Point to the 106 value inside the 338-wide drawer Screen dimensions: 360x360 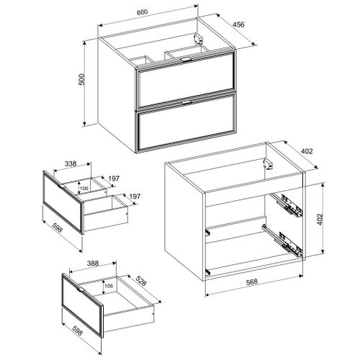coord(84,188)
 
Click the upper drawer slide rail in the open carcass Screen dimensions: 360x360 coord(288,206)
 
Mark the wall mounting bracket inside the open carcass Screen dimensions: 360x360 coord(269,163)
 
